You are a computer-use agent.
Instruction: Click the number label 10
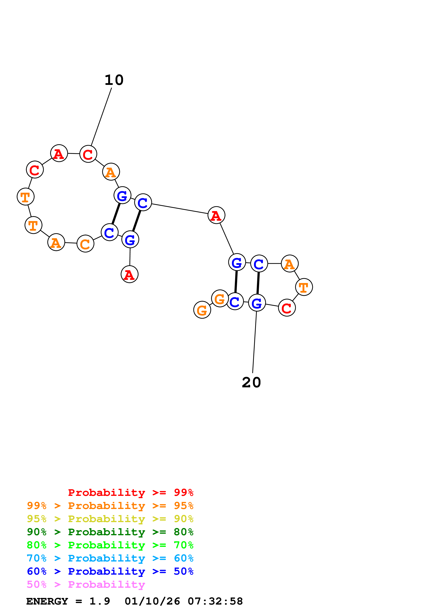click(x=114, y=80)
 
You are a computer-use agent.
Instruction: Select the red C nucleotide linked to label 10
click(x=88, y=154)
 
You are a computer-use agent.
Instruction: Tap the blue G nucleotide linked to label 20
click(x=257, y=303)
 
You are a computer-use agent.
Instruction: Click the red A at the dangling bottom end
click(x=129, y=274)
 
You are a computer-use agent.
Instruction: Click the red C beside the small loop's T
click(x=287, y=308)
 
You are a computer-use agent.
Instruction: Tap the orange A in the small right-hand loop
click(x=290, y=264)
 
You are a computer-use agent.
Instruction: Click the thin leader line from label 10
click(x=101, y=117)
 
